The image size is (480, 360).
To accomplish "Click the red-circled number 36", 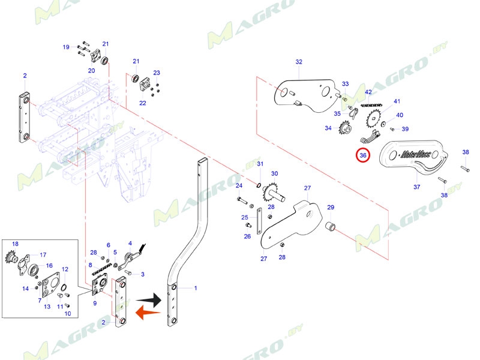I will pos(363,155).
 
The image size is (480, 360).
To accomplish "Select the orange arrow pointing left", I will pos(148,313).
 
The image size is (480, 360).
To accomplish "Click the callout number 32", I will pos(299,62).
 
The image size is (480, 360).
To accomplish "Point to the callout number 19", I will pos(66,47).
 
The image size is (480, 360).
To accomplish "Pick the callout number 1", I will pos(195,288).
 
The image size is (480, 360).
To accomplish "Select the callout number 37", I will pos(416,187).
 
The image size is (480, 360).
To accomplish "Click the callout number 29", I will pos(330,208).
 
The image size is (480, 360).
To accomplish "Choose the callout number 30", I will pos(274,174).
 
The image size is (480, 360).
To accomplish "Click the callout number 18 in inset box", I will pos(16,244).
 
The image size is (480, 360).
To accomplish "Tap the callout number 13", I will pos(46,307).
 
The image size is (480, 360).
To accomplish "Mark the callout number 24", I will pos(239,186).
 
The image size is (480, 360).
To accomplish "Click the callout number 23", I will pos(157,73).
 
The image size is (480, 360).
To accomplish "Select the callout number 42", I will pos(368,92).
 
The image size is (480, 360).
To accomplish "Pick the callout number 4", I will pos(130,243).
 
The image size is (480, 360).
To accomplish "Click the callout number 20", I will pos(91,70).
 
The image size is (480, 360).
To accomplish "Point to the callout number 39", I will pos(405,129).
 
